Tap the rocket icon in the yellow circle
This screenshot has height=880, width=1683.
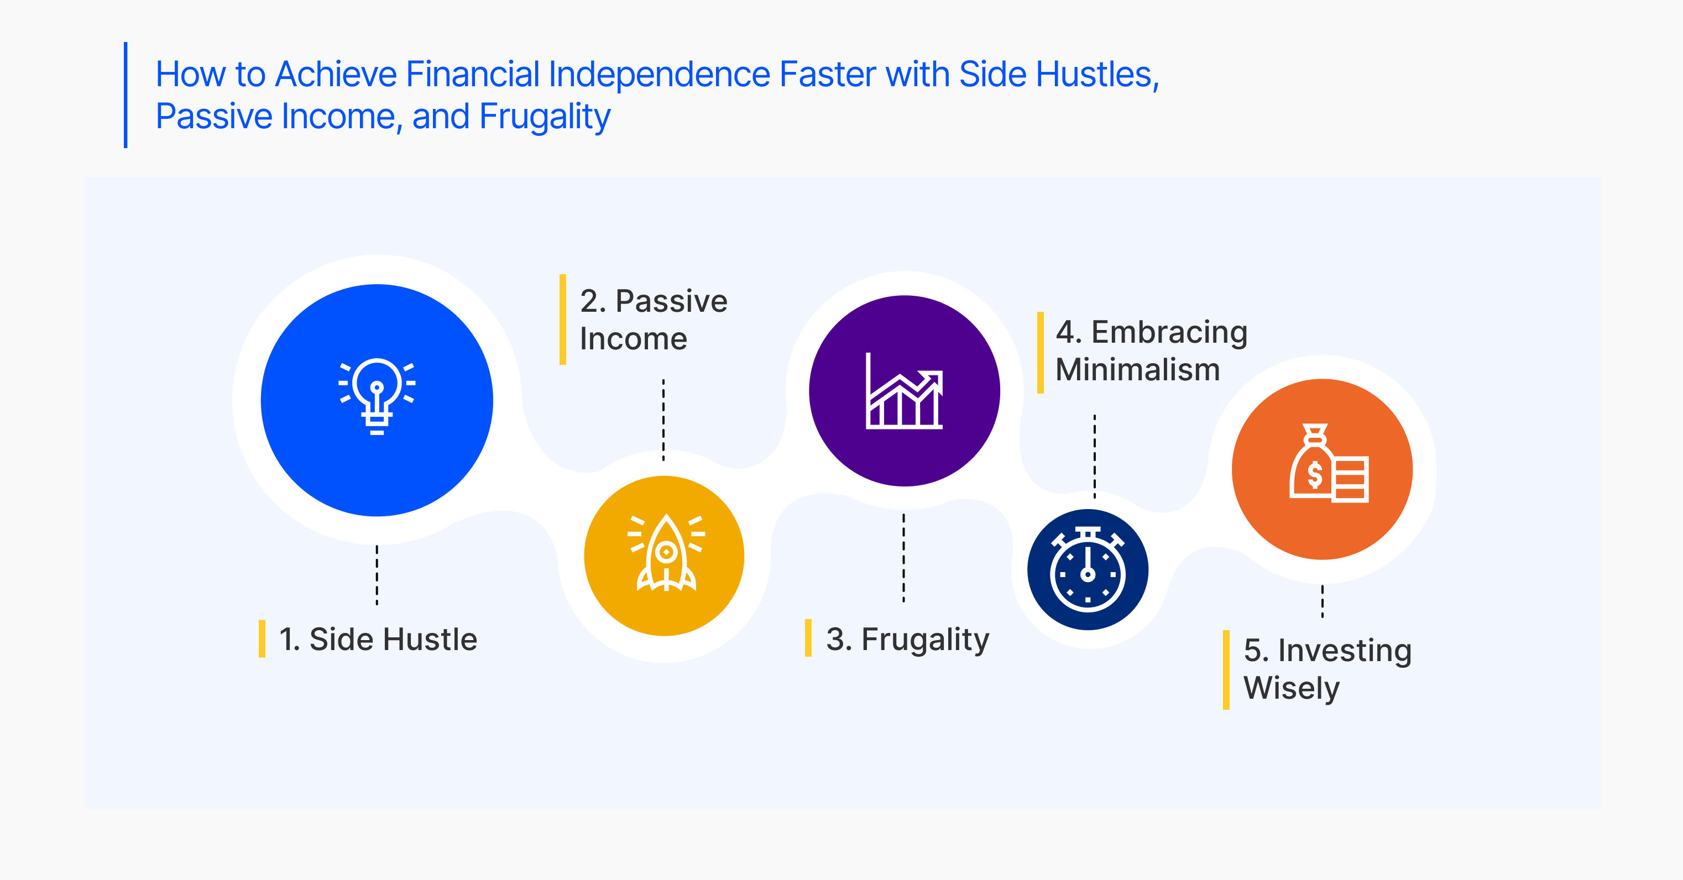pos(666,553)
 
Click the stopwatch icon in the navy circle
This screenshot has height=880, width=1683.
pos(1088,569)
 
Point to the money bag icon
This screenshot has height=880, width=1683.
pos(1329,463)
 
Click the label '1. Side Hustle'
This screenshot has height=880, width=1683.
pos(378,639)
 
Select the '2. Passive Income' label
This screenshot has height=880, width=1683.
pos(654,320)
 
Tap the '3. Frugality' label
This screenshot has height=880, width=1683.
pos(907,640)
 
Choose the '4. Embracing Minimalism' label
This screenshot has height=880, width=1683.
pos(1151,351)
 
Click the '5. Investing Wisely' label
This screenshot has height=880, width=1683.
pos(1327,669)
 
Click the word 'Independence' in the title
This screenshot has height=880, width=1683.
pos(659,75)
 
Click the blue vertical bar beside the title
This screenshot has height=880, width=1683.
pos(126,95)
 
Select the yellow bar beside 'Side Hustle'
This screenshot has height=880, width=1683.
pos(262,639)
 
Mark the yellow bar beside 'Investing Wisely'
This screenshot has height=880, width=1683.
pos(1226,669)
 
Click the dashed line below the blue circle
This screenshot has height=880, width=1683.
pos(377,575)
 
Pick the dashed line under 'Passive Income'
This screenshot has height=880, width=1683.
pos(664,420)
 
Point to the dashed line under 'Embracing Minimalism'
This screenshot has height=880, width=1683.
pos(1095,457)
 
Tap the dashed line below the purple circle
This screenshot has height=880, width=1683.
pos(904,557)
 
